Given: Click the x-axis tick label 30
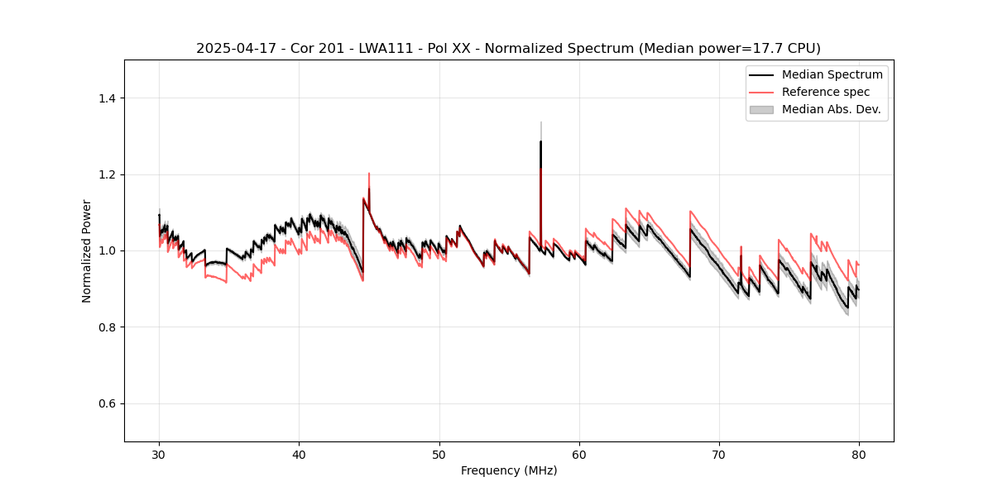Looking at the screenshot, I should coord(159,454).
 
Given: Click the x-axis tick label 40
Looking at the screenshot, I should coord(299,454).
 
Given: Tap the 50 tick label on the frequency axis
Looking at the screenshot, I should coord(439,454).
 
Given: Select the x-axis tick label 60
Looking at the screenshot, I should coord(579,454).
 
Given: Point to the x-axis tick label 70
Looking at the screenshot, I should coord(719,454).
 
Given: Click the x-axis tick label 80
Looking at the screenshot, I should coord(859,454).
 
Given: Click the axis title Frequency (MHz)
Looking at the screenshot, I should coord(509,470).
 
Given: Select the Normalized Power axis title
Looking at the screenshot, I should coord(87,250).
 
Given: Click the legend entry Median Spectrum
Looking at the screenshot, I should coord(832,74).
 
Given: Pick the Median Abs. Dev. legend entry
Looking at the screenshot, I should coord(831,109).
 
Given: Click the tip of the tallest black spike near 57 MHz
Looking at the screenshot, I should coord(540,141).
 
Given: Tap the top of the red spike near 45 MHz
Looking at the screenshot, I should coord(369,174).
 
